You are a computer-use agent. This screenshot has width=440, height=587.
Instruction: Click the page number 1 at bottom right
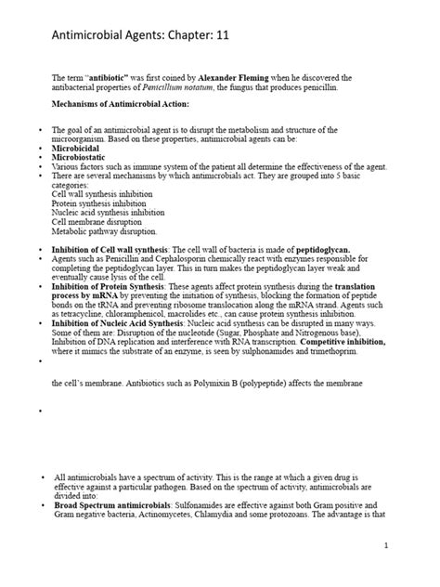coord(409,571)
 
